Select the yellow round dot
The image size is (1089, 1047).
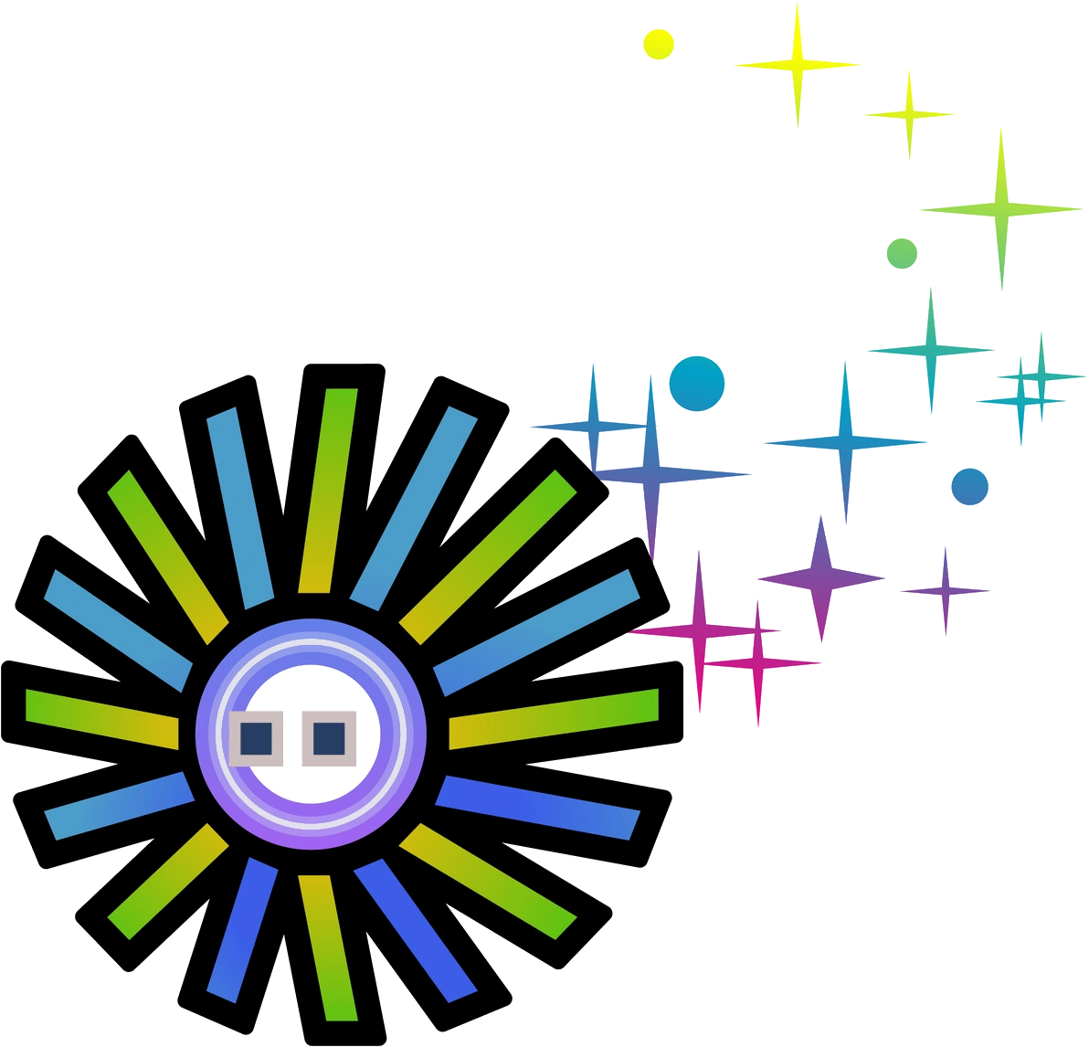tap(658, 44)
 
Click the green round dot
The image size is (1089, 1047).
tap(902, 252)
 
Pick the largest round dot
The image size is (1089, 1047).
tap(696, 384)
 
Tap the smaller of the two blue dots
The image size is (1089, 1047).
tap(969, 486)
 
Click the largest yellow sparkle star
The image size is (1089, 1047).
tap(798, 65)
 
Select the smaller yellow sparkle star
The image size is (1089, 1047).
tap(909, 114)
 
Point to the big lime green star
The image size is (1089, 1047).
tap(1002, 209)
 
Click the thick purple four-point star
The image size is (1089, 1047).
tap(821, 577)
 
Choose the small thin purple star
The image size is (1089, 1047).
tap(946, 590)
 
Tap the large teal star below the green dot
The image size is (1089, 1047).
tap(931, 349)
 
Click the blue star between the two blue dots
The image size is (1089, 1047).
tap(845, 442)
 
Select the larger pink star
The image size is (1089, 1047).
tap(699, 630)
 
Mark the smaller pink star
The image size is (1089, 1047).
tap(756, 661)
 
